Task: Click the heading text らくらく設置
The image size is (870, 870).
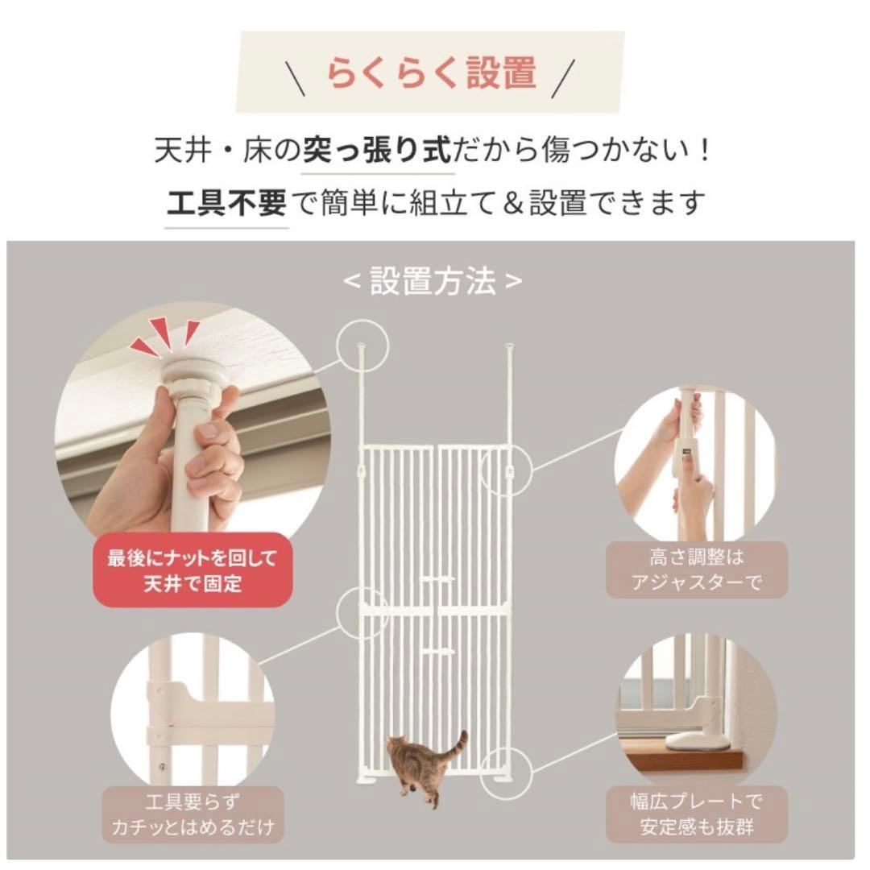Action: point(431,72)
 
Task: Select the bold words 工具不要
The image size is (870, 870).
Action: point(226,202)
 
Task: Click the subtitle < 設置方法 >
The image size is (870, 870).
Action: point(433,281)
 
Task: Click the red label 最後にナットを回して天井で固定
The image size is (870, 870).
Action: point(191,570)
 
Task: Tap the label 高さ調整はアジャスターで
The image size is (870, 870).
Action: point(696,570)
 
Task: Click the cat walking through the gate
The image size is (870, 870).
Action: point(419,765)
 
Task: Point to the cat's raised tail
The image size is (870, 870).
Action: point(460,741)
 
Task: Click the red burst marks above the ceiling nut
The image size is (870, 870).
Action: point(166,337)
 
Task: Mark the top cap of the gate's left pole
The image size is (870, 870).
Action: point(361,347)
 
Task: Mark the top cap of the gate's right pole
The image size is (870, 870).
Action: point(509,347)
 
